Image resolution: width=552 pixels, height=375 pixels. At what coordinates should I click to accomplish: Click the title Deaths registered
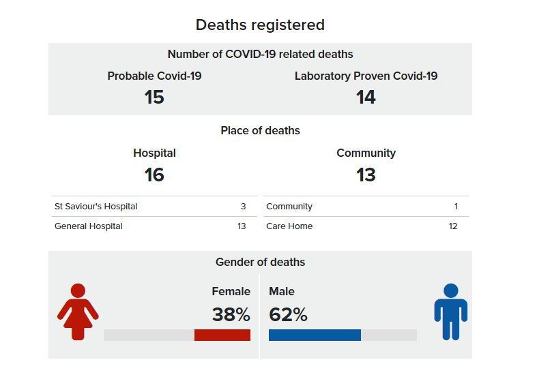tap(260, 25)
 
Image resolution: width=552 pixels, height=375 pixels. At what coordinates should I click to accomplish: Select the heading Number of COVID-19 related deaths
tap(260, 54)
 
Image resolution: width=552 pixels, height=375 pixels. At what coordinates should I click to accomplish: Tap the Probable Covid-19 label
tap(154, 76)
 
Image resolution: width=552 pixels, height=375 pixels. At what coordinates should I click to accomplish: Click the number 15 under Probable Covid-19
tap(154, 97)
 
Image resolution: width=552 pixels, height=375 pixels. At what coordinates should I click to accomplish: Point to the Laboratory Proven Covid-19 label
tap(366, 76)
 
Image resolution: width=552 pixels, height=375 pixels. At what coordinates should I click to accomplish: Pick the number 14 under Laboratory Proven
tap(366, 97)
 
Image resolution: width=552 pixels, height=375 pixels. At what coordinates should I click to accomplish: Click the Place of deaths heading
tap(260, 130)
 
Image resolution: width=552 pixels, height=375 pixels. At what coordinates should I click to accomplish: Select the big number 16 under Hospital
tap(154, 175)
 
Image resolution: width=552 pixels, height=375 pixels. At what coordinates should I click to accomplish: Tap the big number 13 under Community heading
tap(366, 175)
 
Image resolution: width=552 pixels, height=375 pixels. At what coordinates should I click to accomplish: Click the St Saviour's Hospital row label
tap(96, 206)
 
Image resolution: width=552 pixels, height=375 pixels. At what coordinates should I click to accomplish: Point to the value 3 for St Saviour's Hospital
tap(243, 206)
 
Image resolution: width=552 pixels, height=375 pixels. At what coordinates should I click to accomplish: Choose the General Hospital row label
tap(89, 226)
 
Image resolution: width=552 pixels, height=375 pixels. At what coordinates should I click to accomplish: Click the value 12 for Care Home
tap(453, 226)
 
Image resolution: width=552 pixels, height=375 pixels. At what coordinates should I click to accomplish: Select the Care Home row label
tap(289, 226)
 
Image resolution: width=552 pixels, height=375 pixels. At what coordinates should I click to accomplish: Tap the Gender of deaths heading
tap(260, 262)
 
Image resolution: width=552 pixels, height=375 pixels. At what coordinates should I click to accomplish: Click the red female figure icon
tap(78, 312)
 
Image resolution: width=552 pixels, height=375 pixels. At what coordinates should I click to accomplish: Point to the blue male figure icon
tap(450, 312)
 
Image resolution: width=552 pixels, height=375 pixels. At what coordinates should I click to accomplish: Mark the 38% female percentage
tap(231, 314)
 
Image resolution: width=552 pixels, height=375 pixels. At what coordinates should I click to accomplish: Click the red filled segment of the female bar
tap(222, 335)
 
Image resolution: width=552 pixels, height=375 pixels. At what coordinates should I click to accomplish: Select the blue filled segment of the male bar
tap(315, 335)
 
